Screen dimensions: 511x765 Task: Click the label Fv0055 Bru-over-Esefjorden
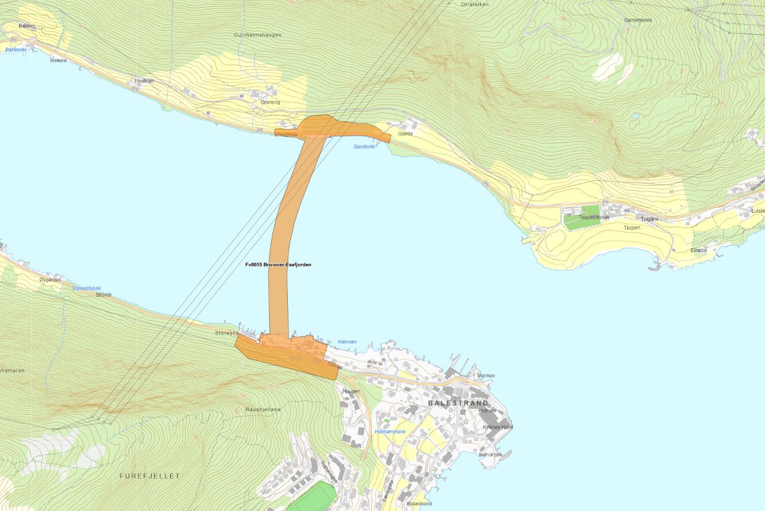click(x=278, y=265)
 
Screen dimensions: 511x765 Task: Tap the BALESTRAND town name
click(x=458, y=403)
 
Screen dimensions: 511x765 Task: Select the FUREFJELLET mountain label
click(x=149, y=476)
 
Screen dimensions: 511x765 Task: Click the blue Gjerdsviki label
click(x=364, y=147)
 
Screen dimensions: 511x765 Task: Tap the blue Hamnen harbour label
click(x=347, y=342)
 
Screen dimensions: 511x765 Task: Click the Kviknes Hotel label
click(x=498, y=427)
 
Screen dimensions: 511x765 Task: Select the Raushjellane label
click(x=263, y=409)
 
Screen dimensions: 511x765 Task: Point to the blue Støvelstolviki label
click(x=87, y=288)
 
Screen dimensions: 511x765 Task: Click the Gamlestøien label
click(x=638, y=20)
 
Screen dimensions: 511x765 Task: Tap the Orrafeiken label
click(x=475, y=4)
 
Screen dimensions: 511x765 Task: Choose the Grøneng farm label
click(x=270, y=102)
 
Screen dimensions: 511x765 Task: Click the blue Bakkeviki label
click(x=16, y=49)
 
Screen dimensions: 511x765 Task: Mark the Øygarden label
click(x=50, y=280)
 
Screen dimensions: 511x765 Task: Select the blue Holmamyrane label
click(x=390, y=432)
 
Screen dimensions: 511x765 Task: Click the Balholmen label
click(x=490, y=455)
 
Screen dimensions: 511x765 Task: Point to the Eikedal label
click(x=699, y=250)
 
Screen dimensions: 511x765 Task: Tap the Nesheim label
click(x=144, y=81)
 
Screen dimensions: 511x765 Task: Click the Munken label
click(x=486, y=376)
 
